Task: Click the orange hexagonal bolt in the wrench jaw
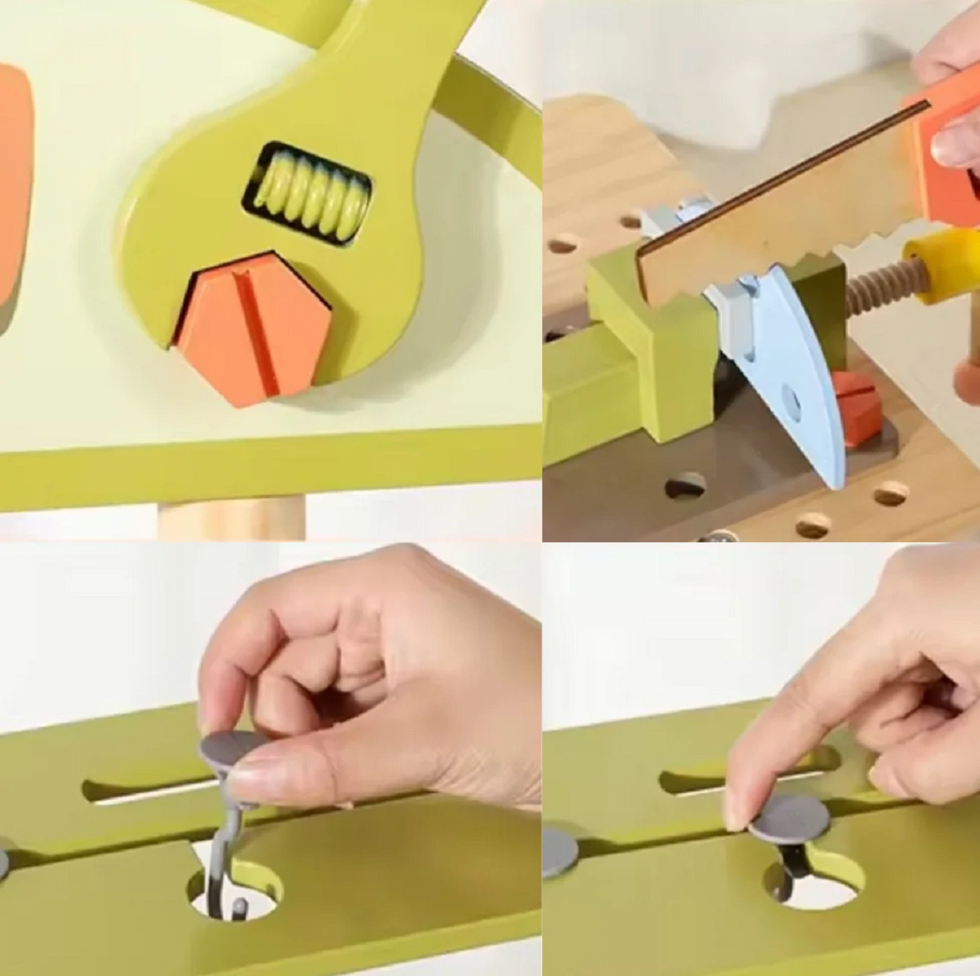(x=253, y=327)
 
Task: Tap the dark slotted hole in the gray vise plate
(x=685, y=485)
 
